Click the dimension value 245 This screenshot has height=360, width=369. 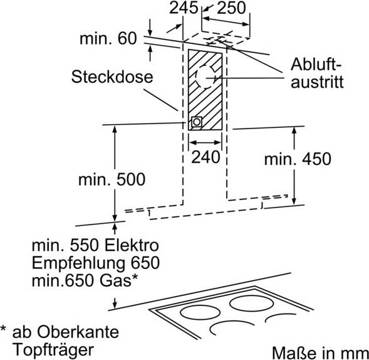184,8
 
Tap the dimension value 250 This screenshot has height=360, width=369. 231,8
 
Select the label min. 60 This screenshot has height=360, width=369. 108,38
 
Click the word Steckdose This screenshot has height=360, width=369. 112,77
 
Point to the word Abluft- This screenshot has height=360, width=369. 316,64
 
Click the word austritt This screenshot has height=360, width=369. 317,82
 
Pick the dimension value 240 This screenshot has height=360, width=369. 205,157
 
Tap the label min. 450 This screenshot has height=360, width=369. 298,159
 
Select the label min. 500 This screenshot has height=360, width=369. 112,180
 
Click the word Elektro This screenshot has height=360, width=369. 132,245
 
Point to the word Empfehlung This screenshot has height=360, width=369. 78,264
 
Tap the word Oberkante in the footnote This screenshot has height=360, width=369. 78,332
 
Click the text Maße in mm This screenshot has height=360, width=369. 320,353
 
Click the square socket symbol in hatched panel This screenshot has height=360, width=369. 197,122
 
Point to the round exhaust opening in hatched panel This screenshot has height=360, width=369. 205,77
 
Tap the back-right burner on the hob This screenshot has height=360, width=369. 252,303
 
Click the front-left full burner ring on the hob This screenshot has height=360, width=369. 200,312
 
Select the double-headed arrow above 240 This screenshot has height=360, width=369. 205,142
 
